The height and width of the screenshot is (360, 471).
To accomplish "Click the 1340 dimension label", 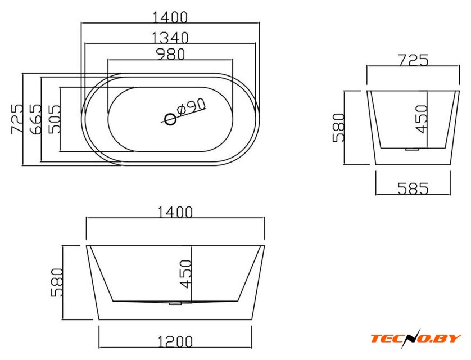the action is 170,38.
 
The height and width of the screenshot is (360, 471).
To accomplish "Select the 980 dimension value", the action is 171,54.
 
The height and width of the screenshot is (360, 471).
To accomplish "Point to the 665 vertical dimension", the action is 35,119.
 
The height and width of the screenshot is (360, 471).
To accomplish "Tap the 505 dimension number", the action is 55,119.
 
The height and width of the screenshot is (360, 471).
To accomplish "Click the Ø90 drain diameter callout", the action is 191,106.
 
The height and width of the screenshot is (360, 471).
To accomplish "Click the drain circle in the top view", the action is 170,119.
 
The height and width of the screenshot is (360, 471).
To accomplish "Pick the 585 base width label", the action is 413,188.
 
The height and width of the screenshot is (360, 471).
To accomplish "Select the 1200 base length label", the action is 175,341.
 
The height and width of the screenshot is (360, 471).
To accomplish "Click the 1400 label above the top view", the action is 170,17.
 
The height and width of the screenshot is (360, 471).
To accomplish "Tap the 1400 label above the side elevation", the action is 175,212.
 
